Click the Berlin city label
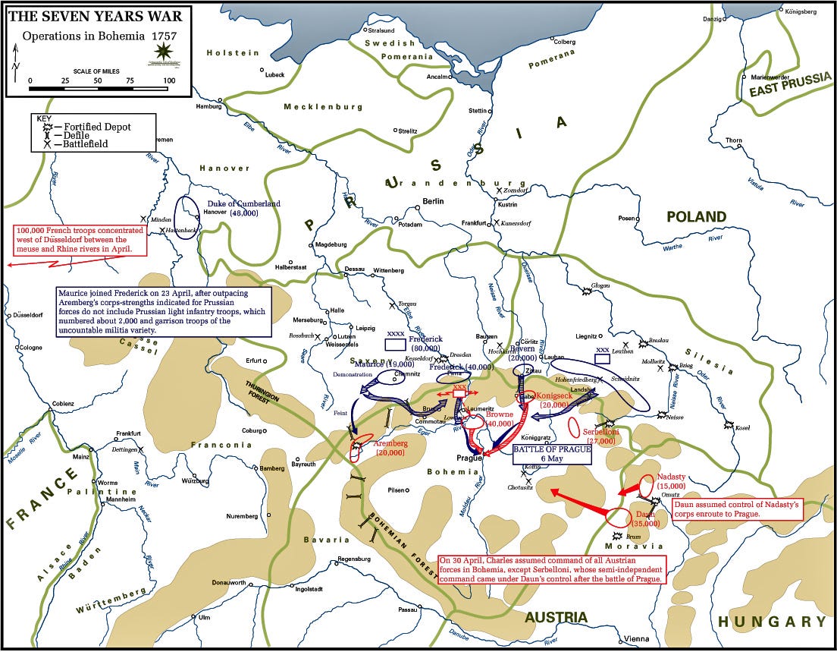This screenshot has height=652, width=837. pyautogui.click(x=433, y=201)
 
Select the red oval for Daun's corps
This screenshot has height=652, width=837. pyautogui.click(x=619, y=518)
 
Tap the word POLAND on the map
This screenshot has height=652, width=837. pyautogui.click(x=696, y=217)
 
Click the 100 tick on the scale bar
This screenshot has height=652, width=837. pyautogui.click(x=169, y=80)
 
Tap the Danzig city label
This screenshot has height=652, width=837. pyautogui.click(x=713, y=18)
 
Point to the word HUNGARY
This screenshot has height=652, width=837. pyautogui.click(x=773, y=622)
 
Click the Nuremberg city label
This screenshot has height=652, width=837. pyautogui.click(x=242, y=516)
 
